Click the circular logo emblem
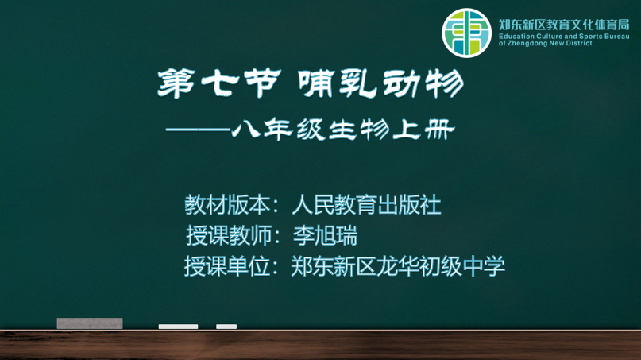pos(466,33)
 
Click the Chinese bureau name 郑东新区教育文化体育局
pos(564,25)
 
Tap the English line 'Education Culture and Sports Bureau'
pos(564,37)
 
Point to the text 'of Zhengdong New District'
pos(546,43)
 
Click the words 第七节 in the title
pos(219,84)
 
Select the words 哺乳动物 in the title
pos(381,84)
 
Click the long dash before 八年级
pos(198,130)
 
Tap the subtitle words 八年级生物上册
pos(343,130)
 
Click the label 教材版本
pos(227,204)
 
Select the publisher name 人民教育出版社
pos(367,204)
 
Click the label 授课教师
pos(229,236)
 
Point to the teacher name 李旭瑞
pos(326,236)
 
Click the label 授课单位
pos(227,266)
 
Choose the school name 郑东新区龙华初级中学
pos(398,266)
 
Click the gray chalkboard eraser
pos(90,323)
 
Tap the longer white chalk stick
pos(178,327)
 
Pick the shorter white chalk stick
pos(226,327)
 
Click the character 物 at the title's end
pos(445,84)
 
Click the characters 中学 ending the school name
pos(485,266)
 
